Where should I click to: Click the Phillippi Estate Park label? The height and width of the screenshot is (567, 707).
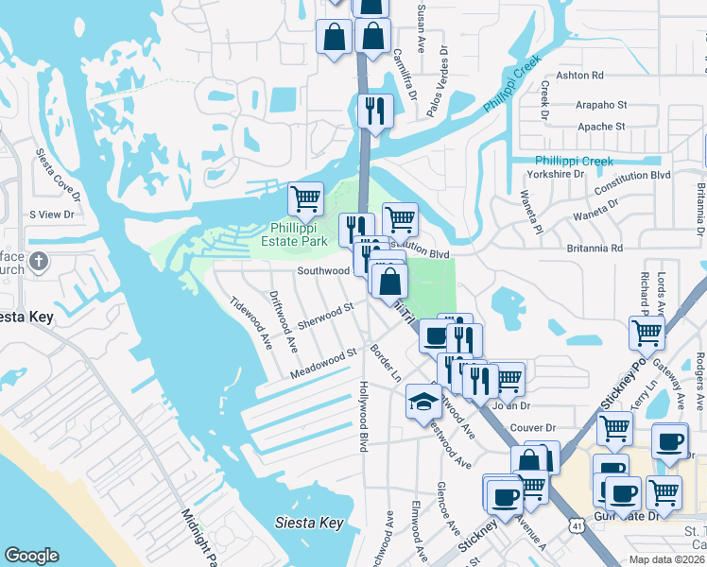point(298,234)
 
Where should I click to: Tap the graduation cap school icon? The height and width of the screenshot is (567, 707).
point(422,402)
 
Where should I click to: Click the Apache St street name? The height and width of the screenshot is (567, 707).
point(601,126)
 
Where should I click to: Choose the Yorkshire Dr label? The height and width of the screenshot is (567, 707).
point(558,175)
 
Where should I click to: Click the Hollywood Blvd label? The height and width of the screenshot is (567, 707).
point(362,416)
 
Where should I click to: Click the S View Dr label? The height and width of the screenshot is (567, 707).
point(51,215)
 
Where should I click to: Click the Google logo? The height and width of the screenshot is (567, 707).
point(31,556)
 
